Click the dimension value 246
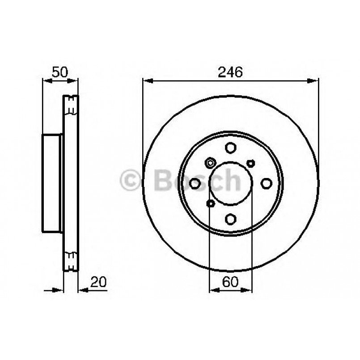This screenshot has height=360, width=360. point(231,72)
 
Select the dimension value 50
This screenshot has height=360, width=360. point(59,72)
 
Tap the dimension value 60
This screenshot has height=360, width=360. point(231,282)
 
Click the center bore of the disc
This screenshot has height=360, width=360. point(231,183)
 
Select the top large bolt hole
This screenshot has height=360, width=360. point(231,148)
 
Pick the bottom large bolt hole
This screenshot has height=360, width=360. point(231,219)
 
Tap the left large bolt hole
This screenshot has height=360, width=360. point(195,183)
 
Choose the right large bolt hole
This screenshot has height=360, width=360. point(267,183)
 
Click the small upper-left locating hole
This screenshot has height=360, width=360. point(210,162)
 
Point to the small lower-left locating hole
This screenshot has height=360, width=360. point(210,204)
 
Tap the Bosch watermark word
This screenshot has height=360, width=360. point(197,180)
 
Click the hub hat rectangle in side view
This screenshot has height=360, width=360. point(52,183)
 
